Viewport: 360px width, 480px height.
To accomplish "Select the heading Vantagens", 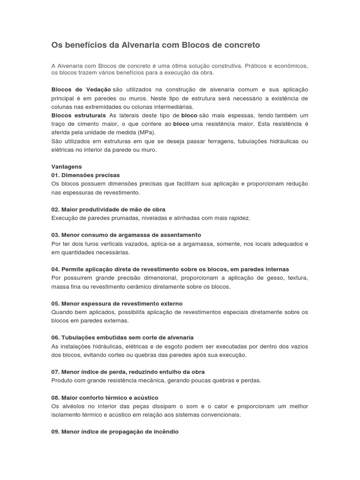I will (x=67, y=166).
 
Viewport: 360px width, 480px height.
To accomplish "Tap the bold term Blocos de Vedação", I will (x=81, y=89).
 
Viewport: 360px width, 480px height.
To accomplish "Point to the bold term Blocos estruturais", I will (x=78, y=115).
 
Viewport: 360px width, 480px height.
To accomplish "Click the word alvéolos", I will (x=74, y=406).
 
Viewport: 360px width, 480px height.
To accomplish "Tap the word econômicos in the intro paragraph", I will (x=292, y=66).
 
